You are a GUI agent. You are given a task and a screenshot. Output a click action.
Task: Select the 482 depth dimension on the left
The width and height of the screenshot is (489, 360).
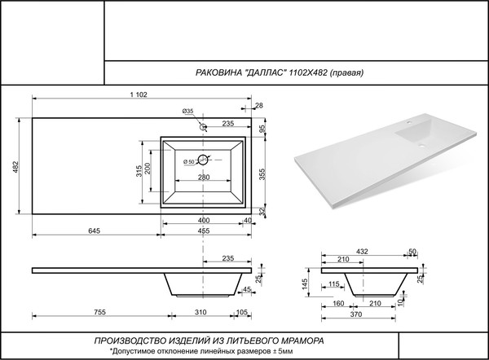point(15,167)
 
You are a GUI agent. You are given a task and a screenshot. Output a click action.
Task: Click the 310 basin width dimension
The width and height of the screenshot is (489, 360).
point(200,313)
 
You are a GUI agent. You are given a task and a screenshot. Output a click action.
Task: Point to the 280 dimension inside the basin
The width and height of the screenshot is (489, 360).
point(204,178)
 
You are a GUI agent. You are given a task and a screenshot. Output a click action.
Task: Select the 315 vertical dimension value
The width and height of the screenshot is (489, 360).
point(139,170)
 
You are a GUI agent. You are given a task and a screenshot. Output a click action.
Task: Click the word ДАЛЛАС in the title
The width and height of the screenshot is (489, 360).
point(261,72)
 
